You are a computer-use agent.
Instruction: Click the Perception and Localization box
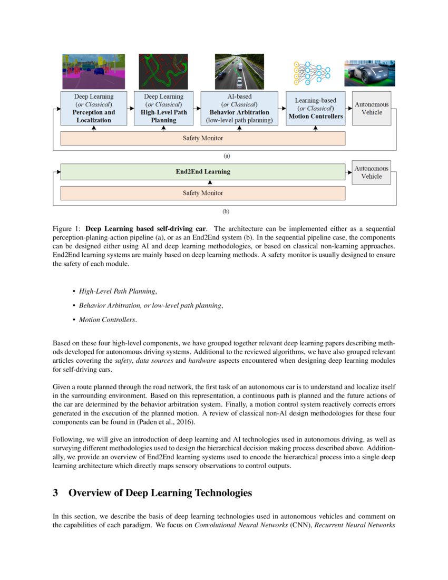(x=94, y=108)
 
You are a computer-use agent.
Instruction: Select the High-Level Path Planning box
(x=163, y=108)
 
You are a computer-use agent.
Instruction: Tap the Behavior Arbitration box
(x=239, y=108)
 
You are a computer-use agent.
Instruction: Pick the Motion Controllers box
(x=315, y=108)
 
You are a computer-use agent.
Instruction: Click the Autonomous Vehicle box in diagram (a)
(x=372, y=108)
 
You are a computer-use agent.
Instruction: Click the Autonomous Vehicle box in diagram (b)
(x=372, y=172)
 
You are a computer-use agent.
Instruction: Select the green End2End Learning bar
(x=203, y=172)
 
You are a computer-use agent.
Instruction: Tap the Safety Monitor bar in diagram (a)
(x=203, y=138)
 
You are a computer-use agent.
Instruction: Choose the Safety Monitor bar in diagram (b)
(x=203, y=193)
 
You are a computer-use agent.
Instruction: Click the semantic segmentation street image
(x=94, y=72)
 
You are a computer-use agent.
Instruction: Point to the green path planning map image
(x=163, y=72)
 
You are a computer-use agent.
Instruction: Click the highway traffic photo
(x=239, y=72)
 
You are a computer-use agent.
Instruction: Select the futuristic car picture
(x=369, y=73)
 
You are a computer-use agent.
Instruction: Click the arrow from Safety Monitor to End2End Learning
(x=210, y=182)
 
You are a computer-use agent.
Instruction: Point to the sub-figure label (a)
(x=227, y=156)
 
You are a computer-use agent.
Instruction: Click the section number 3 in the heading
(x=55, y=493)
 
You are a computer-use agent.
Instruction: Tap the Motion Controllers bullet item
(x=108, y=320)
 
